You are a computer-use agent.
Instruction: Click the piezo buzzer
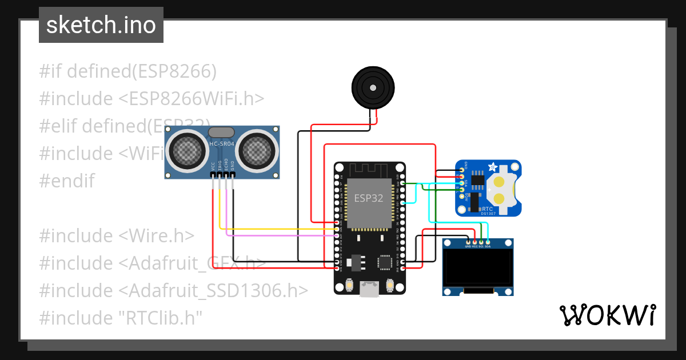[x=373, y=88]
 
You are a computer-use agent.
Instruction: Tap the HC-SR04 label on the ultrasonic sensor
[x=222, y=143]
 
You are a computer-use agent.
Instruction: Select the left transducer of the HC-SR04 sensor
[x=187, y=151]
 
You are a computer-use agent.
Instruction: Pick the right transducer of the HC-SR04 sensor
[x=257, y=151]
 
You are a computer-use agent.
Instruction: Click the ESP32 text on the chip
[x=369, y=198]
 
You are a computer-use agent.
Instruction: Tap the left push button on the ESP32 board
[x=349, y=285]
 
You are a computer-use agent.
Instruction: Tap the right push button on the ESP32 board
[x=391, y=285]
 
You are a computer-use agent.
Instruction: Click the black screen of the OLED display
[x=478, y=268]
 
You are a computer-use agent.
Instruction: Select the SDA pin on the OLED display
[x=488, y=243]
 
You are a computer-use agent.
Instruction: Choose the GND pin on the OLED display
[x=468, y=243]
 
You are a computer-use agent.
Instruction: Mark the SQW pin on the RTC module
[x=461, y=196]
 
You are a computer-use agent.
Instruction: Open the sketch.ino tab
[x=101, y=25]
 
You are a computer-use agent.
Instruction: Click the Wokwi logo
[x=607, y=315]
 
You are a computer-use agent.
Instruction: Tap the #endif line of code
[x=67, y=181]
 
